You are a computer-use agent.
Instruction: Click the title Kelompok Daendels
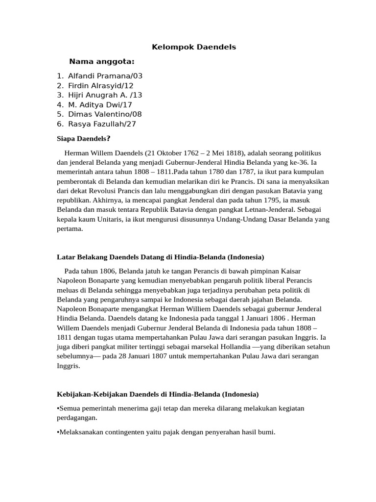point(193,47)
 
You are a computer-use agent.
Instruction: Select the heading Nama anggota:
point(102,61)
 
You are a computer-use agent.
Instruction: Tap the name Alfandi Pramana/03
point(105,76)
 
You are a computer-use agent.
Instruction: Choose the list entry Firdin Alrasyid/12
point(101,85)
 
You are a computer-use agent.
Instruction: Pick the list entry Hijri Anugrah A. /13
point(105,95)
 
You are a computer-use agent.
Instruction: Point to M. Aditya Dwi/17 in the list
point(100,104)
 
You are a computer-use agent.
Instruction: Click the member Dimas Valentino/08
point(105,114)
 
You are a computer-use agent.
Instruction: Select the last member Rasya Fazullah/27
point(102,124)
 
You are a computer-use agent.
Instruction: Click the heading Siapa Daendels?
point(84,139)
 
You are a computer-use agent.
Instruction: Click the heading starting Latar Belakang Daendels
point(161,257)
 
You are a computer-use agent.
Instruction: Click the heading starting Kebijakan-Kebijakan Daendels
point(158,394)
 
